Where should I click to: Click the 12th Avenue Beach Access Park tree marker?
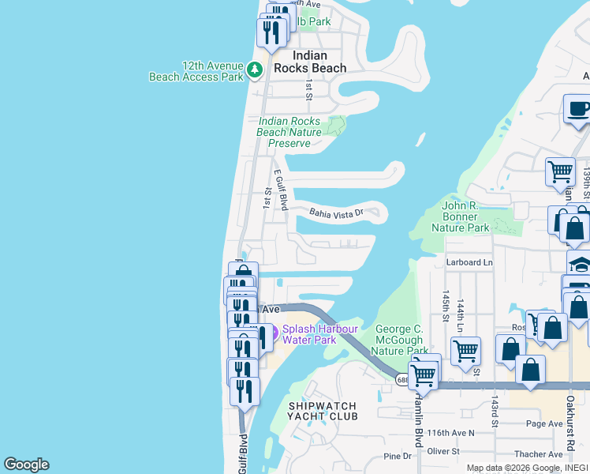[x=255, y=70]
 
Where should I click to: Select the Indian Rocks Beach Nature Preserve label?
[x=289, y=132]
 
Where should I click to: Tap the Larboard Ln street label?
[x=469, y=261]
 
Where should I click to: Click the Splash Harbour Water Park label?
[x=320, y=334]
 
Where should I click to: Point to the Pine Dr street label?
[x=397, y=456]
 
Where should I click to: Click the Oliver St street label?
[x=444, y=451]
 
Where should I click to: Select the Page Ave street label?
[x=544, y=424]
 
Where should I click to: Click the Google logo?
[x=26, y=465]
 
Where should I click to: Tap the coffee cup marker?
[x=578, y=108]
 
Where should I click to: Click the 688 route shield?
[x=402, y=380]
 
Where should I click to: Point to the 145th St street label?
[x=446, y=301]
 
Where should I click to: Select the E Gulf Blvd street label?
[x=281, y=187]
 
